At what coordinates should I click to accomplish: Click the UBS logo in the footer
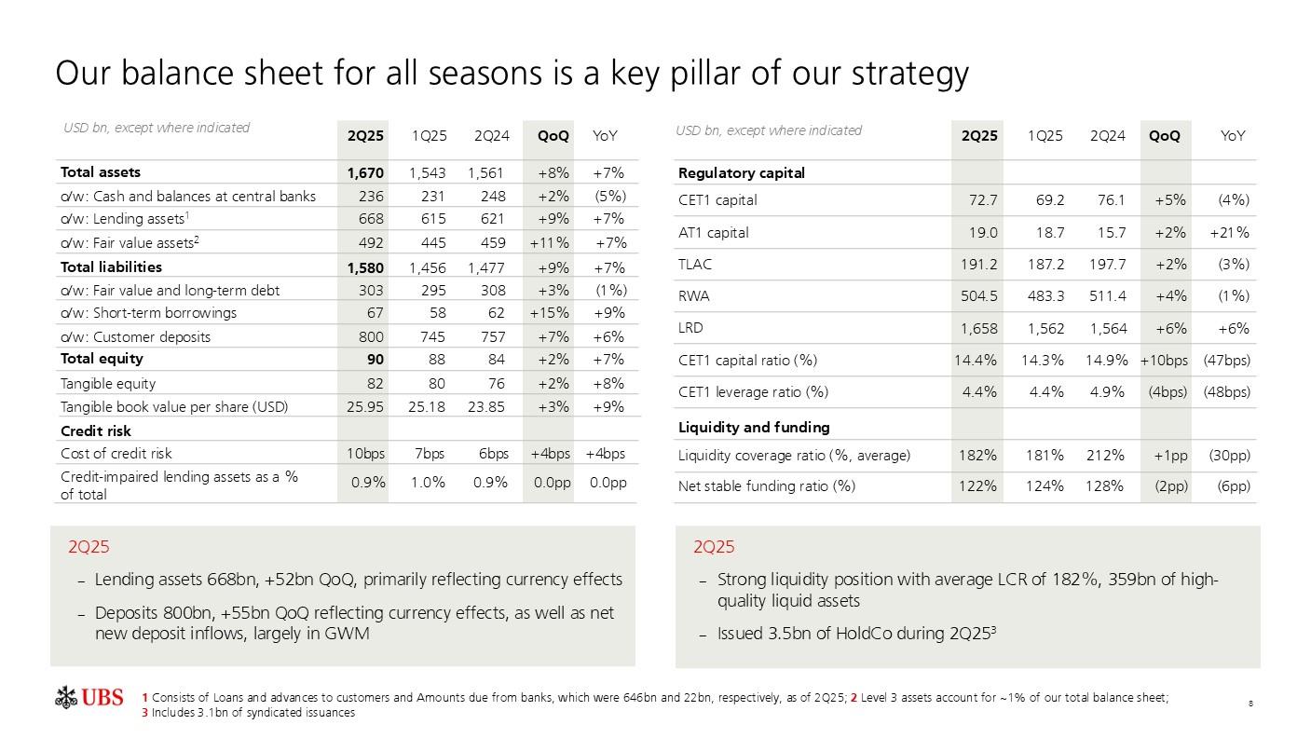pos(89,697)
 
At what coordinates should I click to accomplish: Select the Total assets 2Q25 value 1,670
pos(365,172)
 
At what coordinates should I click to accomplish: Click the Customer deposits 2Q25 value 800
pos(371,336)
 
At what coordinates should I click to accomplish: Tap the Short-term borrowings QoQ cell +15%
pos(549,313)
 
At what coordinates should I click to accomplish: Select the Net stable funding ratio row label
pos(767,485)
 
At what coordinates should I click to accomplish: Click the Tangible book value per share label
pos(174,406)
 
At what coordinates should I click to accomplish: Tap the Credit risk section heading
pos(95,430)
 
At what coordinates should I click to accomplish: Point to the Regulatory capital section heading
pos(742,172)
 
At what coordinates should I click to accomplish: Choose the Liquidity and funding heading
pos(754,427)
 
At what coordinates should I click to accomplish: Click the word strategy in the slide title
pos(910,74)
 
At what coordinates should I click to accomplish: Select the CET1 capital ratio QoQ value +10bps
pos(1164,360)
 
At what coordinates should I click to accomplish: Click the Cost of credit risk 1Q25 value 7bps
pos(429,454)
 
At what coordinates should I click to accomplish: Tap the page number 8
pos(1250,703)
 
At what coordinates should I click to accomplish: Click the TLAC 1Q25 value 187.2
pos(1045,264)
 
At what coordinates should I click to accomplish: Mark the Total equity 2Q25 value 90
pos(376,359)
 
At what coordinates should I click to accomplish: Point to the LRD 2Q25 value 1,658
pos(977,328)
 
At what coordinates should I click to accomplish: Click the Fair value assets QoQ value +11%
pos(549,243)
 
